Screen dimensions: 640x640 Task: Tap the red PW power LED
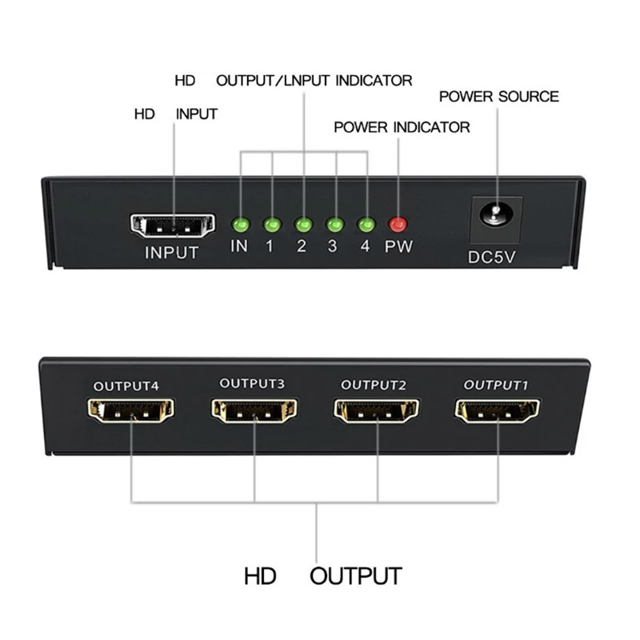pos(398,225)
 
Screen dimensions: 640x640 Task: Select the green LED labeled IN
pos(239,225)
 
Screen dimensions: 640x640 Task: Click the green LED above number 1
pos(271,225)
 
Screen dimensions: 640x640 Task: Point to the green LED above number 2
pos(302,225)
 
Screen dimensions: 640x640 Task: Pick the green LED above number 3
pos(334,225)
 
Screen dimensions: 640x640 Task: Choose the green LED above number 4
pos(366,225)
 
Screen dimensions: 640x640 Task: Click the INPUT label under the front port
pos(171,253)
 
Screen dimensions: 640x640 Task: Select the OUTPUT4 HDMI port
pos(130,413)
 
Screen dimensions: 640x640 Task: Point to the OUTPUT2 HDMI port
pos(376,412)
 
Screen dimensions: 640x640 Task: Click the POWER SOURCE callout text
pos(498,97)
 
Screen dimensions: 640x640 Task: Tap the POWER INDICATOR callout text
pos(402,127)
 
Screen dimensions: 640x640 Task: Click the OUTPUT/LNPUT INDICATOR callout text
pos(314,81)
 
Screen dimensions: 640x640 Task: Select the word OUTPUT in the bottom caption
pos(355,575)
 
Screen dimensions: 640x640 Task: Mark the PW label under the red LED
pos(398,246)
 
